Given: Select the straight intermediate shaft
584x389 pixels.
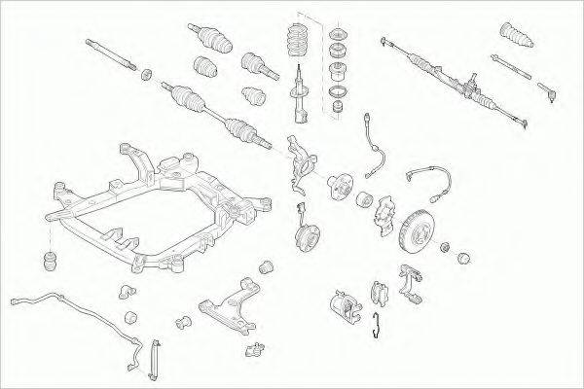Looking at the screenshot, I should coord(110,54).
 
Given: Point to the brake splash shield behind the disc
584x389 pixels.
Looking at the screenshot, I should coord(384,216).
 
